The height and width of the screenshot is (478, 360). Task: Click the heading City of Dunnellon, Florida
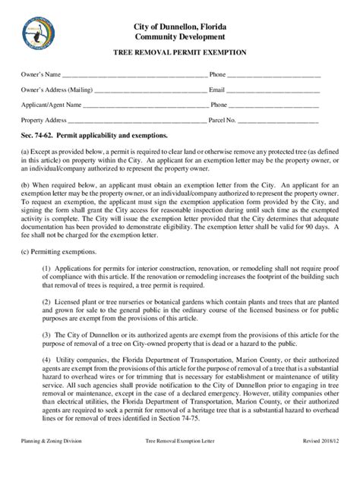179,27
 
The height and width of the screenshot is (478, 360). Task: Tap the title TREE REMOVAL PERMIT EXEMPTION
179,54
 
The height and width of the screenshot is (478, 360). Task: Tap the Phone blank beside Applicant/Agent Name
275,105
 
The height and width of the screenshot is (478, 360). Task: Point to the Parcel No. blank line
278,120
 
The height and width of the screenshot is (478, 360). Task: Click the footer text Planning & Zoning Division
52,462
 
